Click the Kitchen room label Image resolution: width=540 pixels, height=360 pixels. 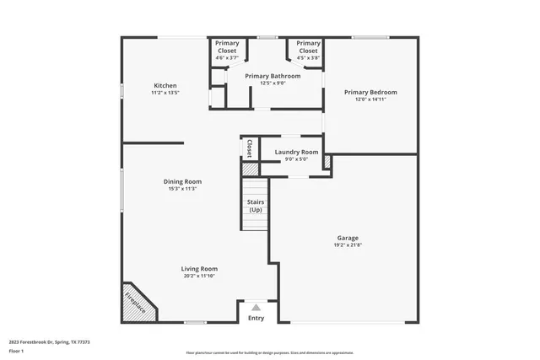click(165, 85)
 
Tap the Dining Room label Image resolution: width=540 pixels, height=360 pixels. click(182, 181)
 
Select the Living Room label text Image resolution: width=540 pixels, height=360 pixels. click(199, 269)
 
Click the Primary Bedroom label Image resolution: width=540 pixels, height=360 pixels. click(370, 92)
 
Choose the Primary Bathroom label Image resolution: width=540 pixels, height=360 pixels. click(267, 76)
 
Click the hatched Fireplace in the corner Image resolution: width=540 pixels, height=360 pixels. click(135, 303)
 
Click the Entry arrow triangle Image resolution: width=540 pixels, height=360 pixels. click(256, 307)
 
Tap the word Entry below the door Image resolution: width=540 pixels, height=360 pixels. click(256, 318)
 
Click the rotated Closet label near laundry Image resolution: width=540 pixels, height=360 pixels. click(250, 148)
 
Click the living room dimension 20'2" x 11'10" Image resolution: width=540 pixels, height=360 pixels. click(199, 277)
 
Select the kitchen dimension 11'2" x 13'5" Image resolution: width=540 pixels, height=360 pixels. click(165, 92)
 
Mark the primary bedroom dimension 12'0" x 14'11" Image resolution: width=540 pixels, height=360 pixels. click(370, 99)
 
